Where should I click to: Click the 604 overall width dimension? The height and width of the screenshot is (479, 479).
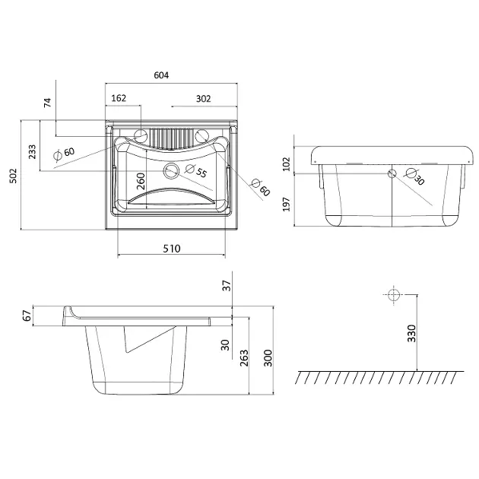tap(161, 75)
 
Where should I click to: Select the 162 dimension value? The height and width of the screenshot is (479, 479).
tap(119, 98)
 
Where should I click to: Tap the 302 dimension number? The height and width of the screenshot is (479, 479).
tap(203, 99)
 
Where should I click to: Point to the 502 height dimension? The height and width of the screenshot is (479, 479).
tap(14, 176)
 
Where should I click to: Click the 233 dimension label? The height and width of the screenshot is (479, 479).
tap(32, 152)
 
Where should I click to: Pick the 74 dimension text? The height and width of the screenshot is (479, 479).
tap(48, 103)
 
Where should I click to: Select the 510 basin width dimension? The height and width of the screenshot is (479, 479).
tap(172, 249)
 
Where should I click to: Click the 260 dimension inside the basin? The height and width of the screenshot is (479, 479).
tap(141, 181)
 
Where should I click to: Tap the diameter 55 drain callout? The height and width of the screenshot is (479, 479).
tap(196, 170)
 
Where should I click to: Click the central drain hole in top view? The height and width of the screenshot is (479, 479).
tap(171, 171)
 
